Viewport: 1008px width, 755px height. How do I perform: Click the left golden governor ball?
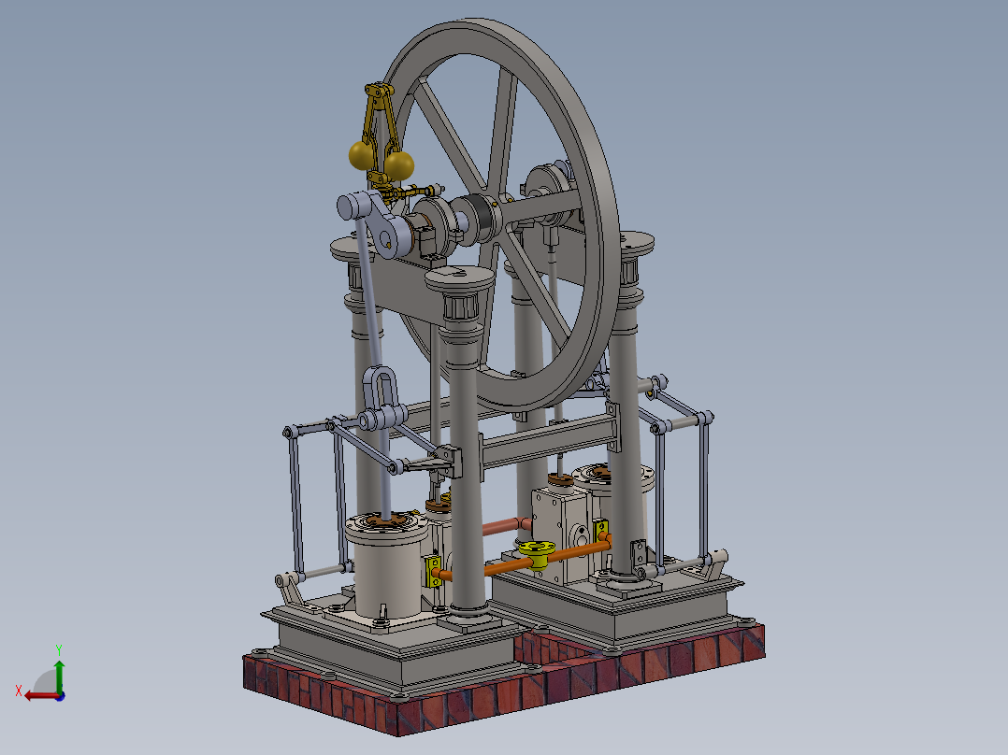click(359, 154)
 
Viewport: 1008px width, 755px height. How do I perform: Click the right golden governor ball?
click(400, 165)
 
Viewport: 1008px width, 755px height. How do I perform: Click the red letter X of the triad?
click(18, 691)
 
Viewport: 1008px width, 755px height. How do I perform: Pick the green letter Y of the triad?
click(58, 648)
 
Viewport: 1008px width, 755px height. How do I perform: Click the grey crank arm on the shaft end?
click(376, 222)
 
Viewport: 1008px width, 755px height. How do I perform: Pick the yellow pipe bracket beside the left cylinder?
click(433, 571)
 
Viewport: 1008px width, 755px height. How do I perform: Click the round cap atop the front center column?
click(458, 278)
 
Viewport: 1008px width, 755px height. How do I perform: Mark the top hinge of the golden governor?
click(378, 92)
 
